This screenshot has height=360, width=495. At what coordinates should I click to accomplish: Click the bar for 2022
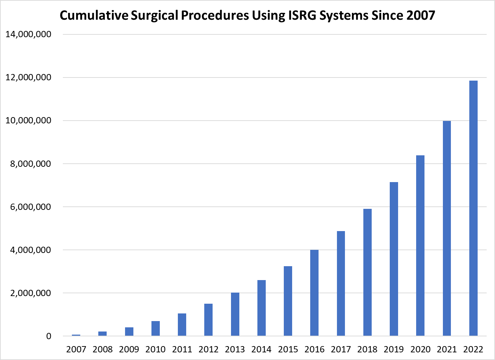pos(473,208)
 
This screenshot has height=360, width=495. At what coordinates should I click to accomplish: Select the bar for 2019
pos(394,259)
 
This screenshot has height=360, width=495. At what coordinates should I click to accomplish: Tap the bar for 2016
pos(314,293)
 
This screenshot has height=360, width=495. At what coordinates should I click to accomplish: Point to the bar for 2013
pos(235,314)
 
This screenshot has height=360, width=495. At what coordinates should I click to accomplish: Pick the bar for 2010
pos(155,328)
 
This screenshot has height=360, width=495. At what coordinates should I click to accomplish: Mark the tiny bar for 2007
pos(76,335)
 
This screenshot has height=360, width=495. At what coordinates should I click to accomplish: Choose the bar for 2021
pos(447,228)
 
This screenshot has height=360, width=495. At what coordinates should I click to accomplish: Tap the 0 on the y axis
pos(49,336)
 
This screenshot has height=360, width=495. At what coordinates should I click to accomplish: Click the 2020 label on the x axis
pos(420,349)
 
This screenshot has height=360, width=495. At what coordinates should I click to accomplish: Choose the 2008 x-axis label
pos(102,349)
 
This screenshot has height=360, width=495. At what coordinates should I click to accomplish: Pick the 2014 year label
pos(261,349)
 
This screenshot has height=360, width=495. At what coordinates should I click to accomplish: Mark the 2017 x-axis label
pos(341,349)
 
